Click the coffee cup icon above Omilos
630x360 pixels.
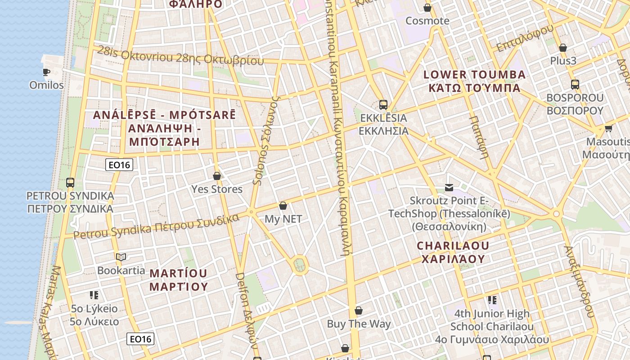[x=46, y=72]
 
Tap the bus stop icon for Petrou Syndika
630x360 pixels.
[x=70, y=183]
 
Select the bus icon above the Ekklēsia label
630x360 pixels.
[x=383, y=105]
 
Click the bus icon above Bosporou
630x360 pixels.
[x=575, y=84]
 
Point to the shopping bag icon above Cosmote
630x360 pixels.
[x=427, y=8]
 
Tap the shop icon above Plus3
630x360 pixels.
[x=562, y=48]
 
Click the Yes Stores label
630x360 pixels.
[x=217, y=189]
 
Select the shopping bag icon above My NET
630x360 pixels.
[x=283, y=206]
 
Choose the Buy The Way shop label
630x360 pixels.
[x=359, y=324]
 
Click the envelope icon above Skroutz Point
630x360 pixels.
[x=449, y=187]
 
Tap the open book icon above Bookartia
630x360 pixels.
[x=121, y=257]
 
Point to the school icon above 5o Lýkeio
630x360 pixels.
[x=94, y=295]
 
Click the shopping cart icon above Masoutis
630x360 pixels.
[x=608, y=129]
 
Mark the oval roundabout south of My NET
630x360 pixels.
[x=300, y=264]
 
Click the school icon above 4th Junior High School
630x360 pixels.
[x=492, y=300]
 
